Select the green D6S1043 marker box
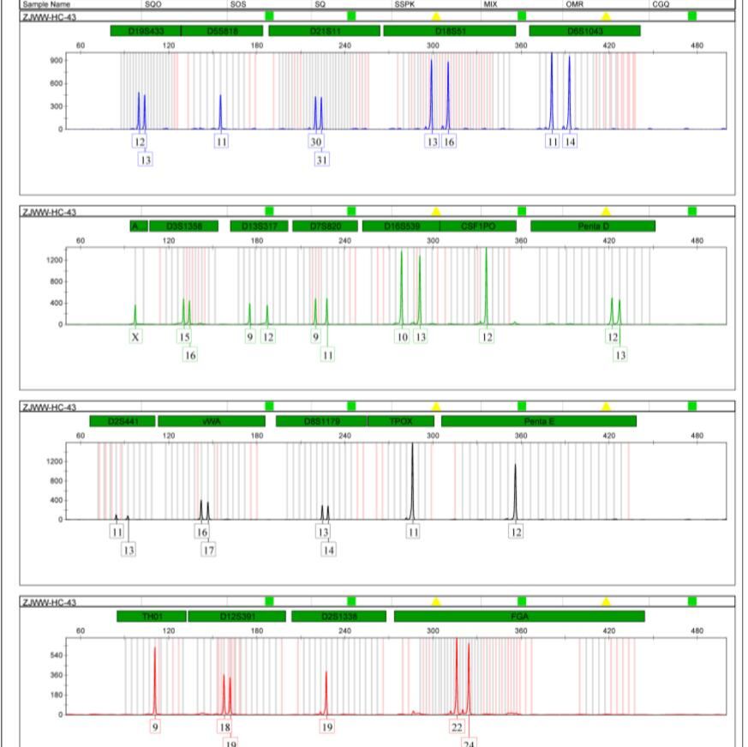click(584, 31)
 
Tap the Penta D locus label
click(593, 226)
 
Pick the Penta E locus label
click(539, 421)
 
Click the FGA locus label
click(519, 616)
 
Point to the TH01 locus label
click(152, 616)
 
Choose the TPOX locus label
click(401, 421)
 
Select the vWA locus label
click(211, 421)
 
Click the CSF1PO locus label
click(478, 226)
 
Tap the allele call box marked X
click(135, 337)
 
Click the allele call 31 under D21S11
click(321, 160)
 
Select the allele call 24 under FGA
click(469, 742)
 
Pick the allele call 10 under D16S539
click(402, 337)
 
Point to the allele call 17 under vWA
click(208, 550)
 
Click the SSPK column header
click(404, 4)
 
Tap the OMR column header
click(575, 4)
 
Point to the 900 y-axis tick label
click(56, 60)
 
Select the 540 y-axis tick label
click(56, 655)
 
